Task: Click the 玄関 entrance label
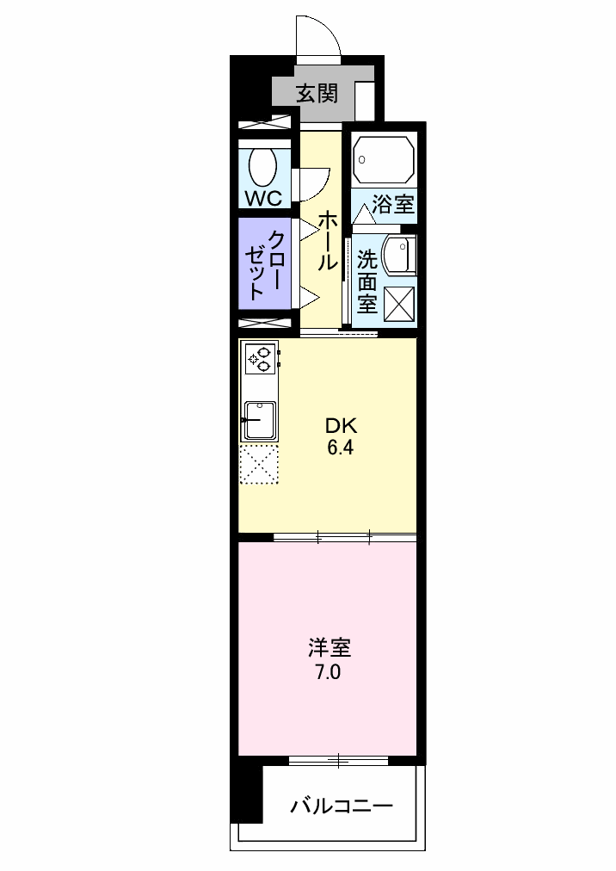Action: click(x=316, y=93)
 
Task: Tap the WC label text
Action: click(x=263, y=198)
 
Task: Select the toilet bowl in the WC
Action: click(x=263, y=165)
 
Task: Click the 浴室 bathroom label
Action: click(x=393, y=205)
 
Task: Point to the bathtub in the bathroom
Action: click(x=384, y=159)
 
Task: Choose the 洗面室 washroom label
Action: click(x=367, y=281)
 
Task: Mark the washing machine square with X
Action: click(x=398, y=303)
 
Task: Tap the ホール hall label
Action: click(x=327, y=241)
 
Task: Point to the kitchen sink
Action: click(x=258, y=420)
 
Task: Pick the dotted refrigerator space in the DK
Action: click(x=259, y=465)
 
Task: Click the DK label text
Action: click(x=340, y=425)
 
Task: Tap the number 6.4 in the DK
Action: click(x=340, y=448)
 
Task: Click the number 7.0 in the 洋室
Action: click(x=327, y=672)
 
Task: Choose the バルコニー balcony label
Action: click(x=341, y=806)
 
